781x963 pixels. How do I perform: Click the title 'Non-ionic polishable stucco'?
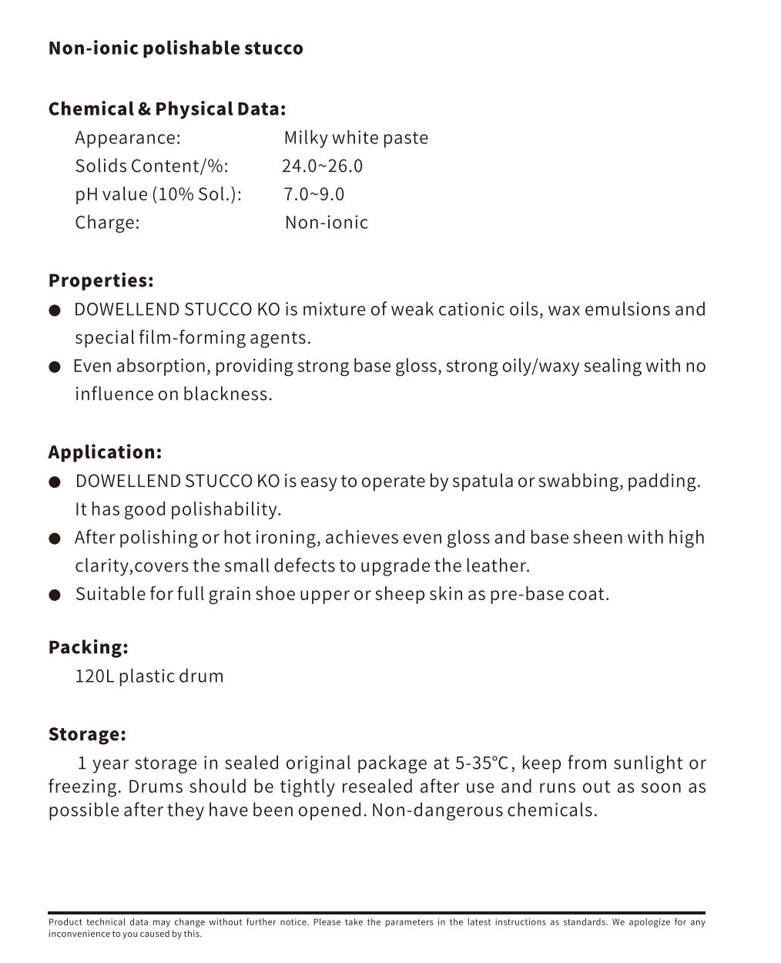point(176,49)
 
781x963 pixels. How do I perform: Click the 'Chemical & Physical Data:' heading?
point(166,109)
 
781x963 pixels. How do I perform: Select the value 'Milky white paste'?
point(356,138)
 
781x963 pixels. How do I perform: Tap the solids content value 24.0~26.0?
point(322,166)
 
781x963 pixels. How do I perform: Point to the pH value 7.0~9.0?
point(313,194)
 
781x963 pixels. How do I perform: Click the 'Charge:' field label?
point(107,223)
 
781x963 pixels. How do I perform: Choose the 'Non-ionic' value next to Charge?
point(327,223)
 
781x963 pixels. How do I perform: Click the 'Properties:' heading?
point(101,280)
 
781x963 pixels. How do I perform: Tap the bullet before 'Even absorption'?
point(55,367)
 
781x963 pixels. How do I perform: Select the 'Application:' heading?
point(105,452)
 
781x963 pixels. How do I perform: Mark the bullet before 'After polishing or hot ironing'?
point(55,539)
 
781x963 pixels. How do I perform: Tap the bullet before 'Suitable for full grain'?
point(55,595)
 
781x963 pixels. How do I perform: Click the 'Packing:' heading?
point(88,647)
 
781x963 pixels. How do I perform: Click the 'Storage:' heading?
point(87,734)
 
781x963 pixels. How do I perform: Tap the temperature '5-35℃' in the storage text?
point(482,763)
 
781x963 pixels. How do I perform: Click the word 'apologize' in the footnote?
point(649,922)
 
